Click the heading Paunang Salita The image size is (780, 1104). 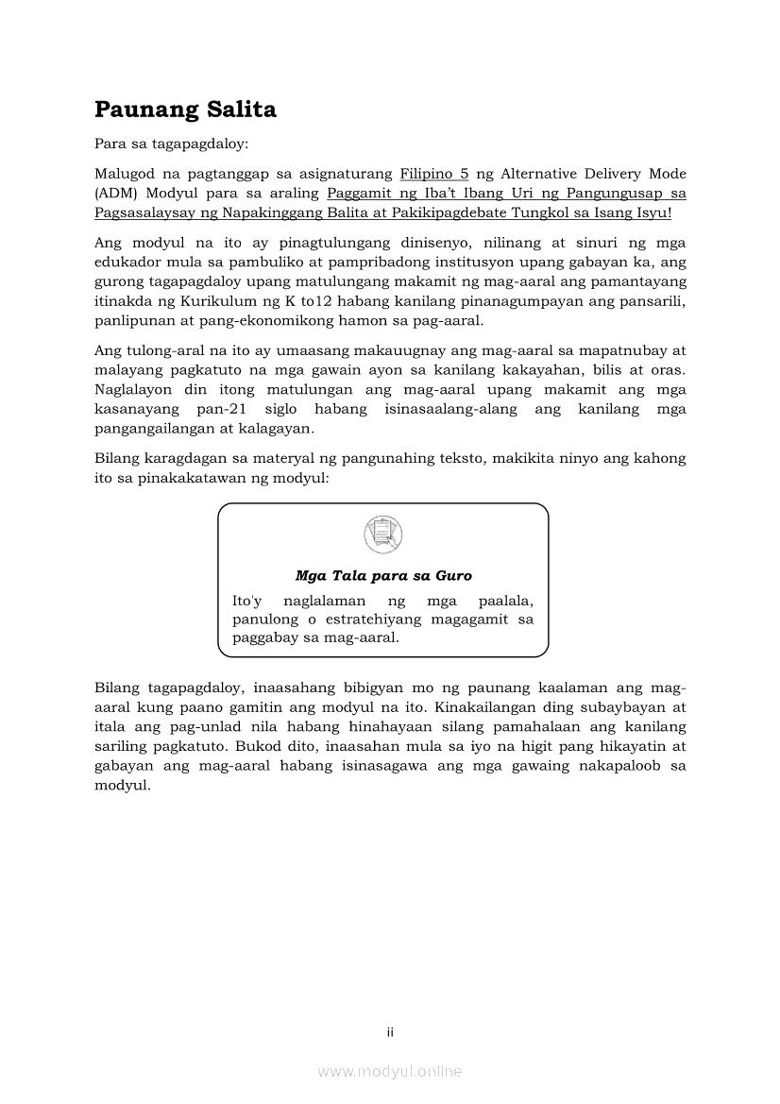pyautogui.click(x=185, y=110)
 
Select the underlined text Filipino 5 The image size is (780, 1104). pyautogui.click(x=434, y=174)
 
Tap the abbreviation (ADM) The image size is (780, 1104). pyautogui.click(x=116, y=193)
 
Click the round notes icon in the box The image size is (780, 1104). pyautogui.click(x=382, y=535)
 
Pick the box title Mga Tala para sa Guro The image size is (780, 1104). pyautogui.click(x=382, y=575)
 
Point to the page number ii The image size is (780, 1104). pyautogui.click(x=390, y=1032)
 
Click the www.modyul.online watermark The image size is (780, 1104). pyautogui.click(x=390, y=1071)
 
